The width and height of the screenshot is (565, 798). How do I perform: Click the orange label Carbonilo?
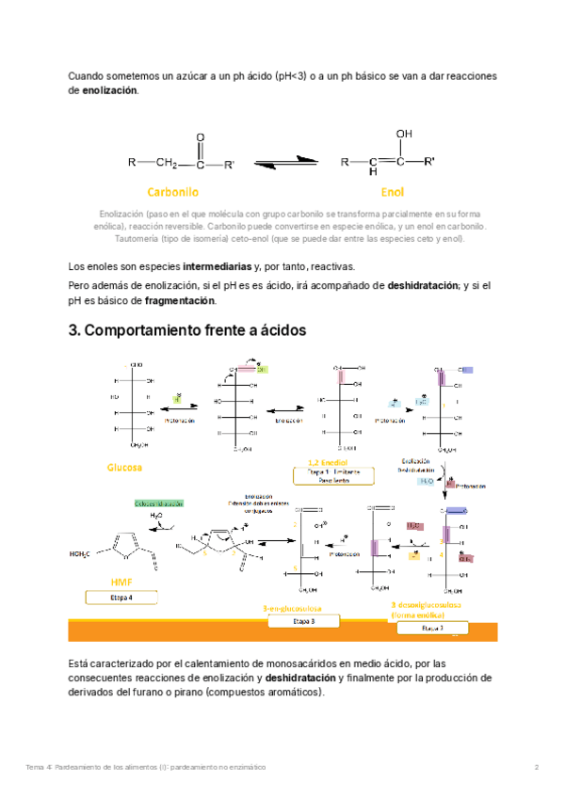tap(172, 192)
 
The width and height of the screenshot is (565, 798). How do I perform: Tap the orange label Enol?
tap(393, 192)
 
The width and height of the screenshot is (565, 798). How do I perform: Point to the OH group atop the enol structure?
tap(403, 135)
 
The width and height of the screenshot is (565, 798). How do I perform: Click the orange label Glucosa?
tap(125, 467)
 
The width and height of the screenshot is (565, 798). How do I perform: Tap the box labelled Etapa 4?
tap(121, 598)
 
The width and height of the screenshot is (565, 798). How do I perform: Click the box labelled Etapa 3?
tap(299, 622)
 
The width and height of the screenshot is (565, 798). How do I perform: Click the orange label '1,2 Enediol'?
tap(328, 463)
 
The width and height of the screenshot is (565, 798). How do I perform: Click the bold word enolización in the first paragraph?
tap(109, 90)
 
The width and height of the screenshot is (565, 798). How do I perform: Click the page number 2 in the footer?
tap(536, 768)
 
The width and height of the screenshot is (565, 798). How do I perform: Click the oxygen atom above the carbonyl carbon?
tap(200, 137)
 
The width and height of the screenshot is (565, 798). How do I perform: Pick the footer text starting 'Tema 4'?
tap(145, 768)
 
